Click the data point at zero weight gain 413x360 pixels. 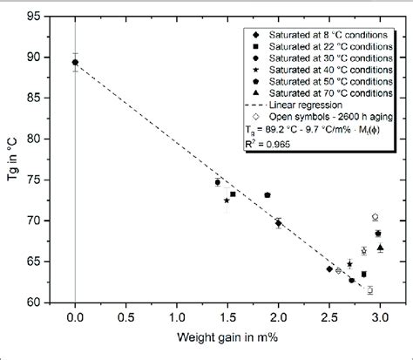[75, 62]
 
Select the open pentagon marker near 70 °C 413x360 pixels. [375, 217]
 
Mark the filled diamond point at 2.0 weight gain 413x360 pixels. [279, 223]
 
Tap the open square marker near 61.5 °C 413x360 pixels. [369, 290]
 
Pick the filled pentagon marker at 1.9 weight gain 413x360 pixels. [267, 195]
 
